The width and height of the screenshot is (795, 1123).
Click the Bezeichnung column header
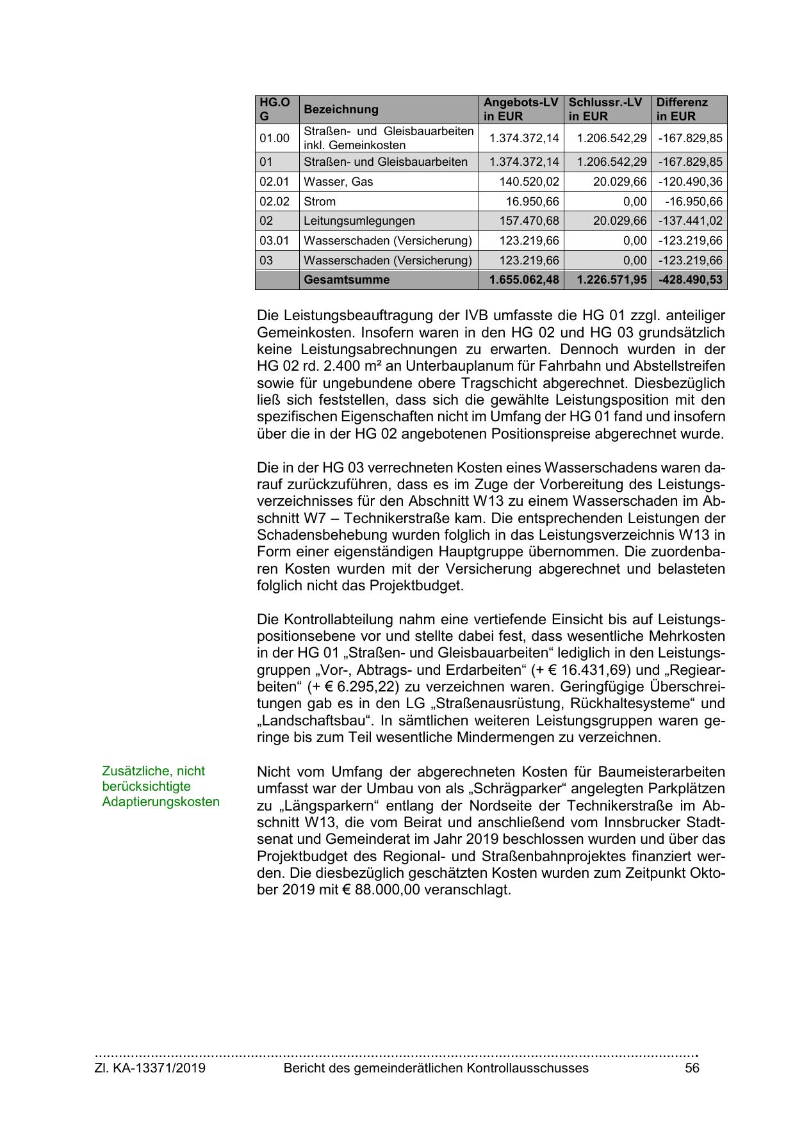tap(341, 109)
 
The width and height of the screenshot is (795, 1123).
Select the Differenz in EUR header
tap(682, 109)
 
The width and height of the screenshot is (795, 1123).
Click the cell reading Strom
tap(320, 202)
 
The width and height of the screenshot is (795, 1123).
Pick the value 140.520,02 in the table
tap(529, 182)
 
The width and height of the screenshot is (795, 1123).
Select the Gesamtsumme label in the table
tap(347, 280)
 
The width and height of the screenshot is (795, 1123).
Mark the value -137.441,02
tap(690, 221)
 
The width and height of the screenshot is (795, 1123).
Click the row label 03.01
tap(274, 241)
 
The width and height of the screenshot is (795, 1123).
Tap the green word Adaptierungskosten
tap(161, 802)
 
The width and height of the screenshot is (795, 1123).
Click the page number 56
tap(692, 1068)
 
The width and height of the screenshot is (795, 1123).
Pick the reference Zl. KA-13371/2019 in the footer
tap(151, 1068)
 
